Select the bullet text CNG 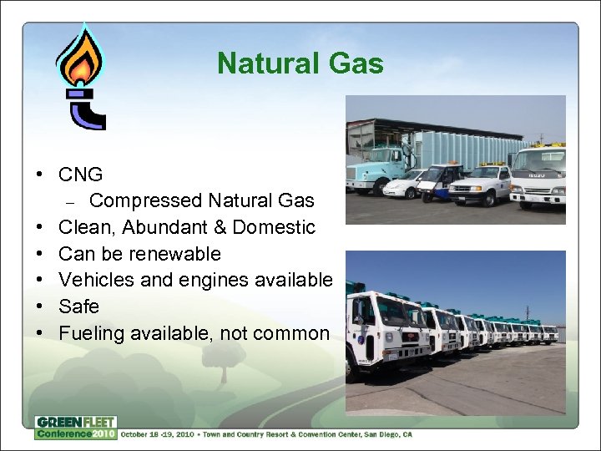point(81,175)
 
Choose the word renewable point(180,253)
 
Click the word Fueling point(91,333)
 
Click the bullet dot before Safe point(39,307)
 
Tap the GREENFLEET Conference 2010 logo point(75,428)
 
